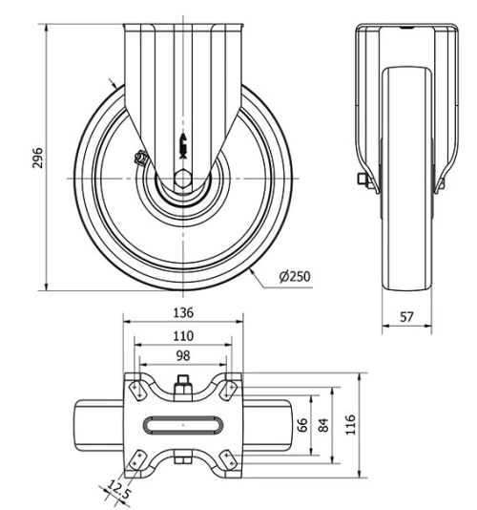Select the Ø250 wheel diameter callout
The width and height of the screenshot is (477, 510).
click(296, 277)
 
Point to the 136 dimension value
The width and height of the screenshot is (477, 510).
click(183, 312)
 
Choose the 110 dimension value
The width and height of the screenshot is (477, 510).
click(183, 335)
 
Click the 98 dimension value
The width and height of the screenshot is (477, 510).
click(183, 355)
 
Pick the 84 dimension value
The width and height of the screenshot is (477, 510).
click(322, 424)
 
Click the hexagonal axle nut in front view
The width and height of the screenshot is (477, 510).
click(183, 179)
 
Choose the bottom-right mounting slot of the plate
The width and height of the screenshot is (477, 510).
click(228, 459)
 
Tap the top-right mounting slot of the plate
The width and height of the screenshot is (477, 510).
click(229, 390)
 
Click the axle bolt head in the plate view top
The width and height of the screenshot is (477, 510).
click(182, 388)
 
